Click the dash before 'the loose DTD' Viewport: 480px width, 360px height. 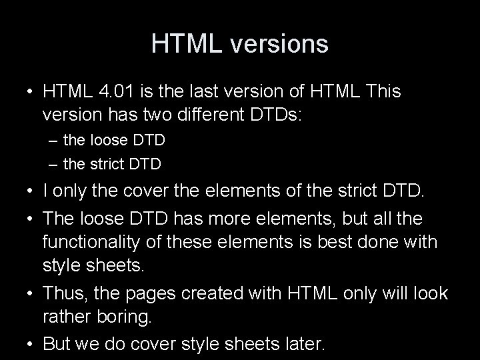tap(53, 141)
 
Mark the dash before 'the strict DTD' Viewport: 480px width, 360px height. tap(53, 163)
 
